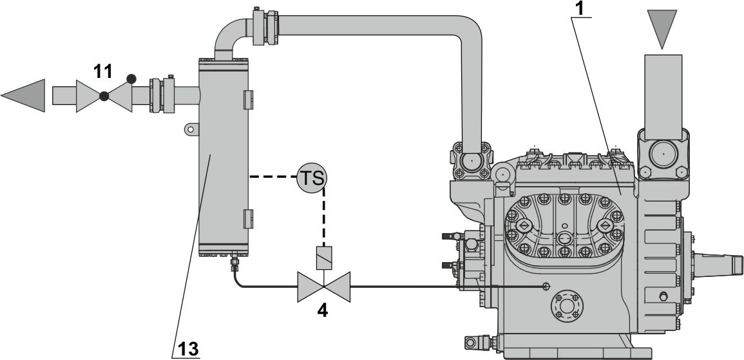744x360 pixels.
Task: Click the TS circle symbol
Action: coord(312,176)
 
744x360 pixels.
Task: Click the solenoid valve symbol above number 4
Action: coord(323,286)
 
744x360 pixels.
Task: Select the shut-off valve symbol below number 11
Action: coord(104,97)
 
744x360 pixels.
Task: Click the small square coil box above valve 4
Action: coord(323,258)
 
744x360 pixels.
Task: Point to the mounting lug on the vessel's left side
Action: coord(190,129)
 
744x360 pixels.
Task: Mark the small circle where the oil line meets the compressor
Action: coord(546,285)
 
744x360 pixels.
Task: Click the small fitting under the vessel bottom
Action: coord(234,263)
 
